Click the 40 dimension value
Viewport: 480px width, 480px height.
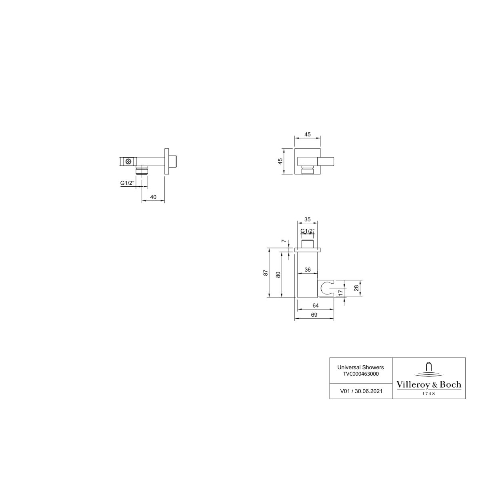click(x=153, y=197)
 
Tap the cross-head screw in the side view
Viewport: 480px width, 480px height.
click(x=128, y=162)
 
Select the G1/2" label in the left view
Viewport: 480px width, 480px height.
click(x=127, y=183)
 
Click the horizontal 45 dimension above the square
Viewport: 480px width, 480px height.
click(x=308, y=134)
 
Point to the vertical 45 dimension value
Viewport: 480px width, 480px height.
click(x=280, y=162)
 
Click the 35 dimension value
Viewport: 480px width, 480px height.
click(x=308, y=219)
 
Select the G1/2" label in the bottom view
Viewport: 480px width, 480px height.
click(x=308, y=231)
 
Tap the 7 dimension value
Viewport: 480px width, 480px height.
click(x=283, y=241)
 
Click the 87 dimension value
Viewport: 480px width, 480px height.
click(x=266, y=273)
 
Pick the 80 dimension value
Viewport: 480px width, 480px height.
click(x=278, y=274)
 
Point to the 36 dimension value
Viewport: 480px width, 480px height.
click(x=308, y=270)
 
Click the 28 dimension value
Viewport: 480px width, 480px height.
click(x=356, y=288)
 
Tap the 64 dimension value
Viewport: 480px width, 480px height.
click(x=315, y=305)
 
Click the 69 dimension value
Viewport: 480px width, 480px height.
click(x=314, y=315)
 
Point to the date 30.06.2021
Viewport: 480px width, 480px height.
click(x=368, y=391)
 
